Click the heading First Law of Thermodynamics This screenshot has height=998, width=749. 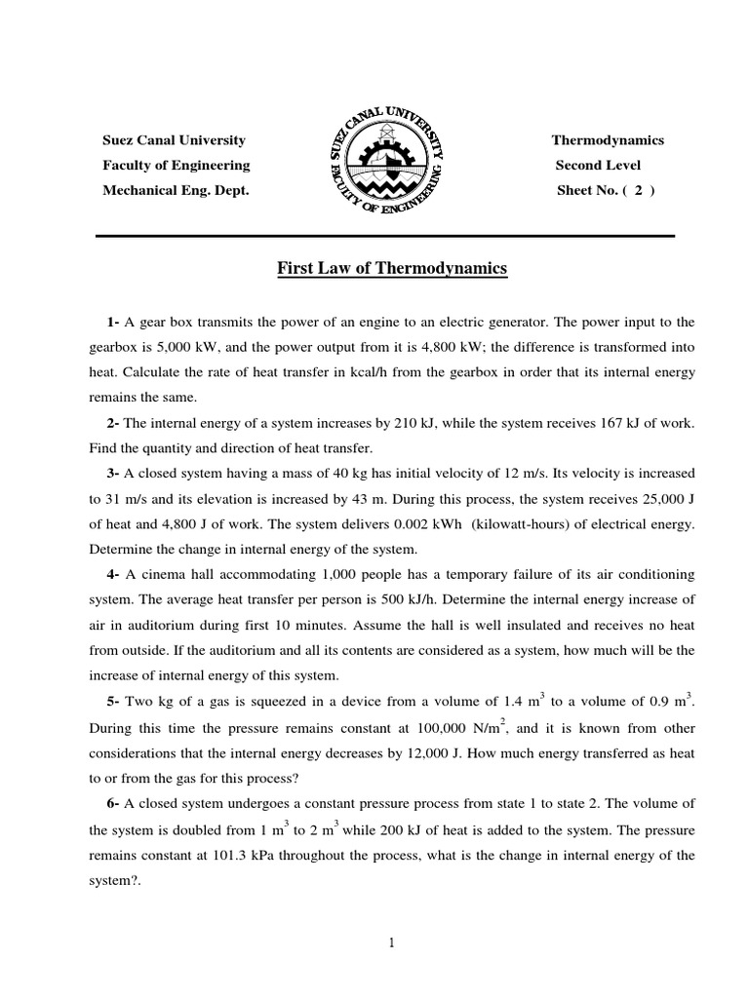[388, 268]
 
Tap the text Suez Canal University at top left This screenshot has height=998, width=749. [175, 140]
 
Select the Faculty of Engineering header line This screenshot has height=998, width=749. [177, 165]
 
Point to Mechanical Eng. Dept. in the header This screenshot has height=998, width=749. [177, 190]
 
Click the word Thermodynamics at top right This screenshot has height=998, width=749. [608, 140]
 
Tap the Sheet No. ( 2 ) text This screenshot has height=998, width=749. [606, 190]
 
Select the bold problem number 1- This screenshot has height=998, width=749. [114, 322]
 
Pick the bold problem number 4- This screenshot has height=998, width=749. [114, 574]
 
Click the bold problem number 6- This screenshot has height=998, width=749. [114, 803]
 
